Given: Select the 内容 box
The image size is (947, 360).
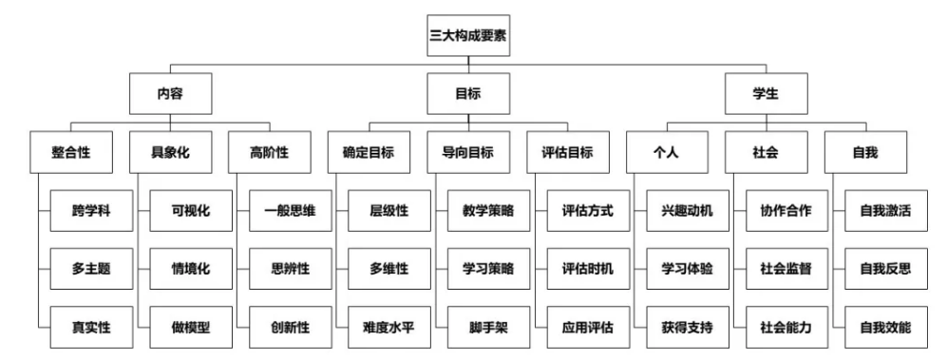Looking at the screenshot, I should (x=170, y=95).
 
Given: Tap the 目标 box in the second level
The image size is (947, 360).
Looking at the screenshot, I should (x=468, y=95).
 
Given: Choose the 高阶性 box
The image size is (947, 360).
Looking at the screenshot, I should (x=270, y=153).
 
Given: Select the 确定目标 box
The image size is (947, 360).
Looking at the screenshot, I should (x=369, y=153).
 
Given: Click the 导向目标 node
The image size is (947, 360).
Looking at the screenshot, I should (x=467, y=153).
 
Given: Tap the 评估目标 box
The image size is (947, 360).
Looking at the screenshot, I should (x=567, y=153).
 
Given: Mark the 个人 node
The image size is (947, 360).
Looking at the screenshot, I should (x=667, y=153).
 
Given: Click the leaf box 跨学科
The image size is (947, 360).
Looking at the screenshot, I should (x=91, y=211).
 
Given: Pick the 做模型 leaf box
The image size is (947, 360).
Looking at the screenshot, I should (x=190, y=328).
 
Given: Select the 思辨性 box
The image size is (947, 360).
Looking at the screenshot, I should (x=290, y=269).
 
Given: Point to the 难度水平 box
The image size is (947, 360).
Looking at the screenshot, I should (x=388, y=328).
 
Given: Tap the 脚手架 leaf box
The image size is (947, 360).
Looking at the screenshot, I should (x=488, y=328).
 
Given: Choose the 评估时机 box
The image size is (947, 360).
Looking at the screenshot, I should (x=587, y=269).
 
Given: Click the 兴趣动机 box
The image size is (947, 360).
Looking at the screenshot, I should (x=687, y=211).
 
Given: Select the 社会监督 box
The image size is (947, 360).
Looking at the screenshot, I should (x=786, y=269).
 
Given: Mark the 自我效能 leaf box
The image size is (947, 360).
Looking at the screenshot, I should (x=884, y=328).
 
